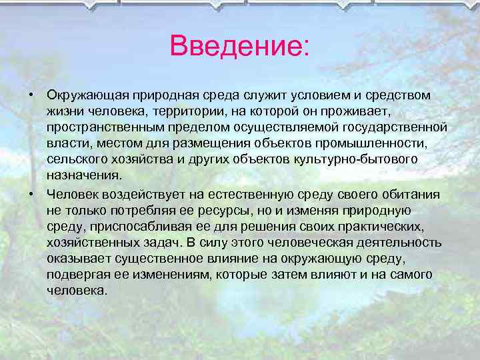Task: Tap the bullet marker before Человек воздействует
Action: [x=31, y=194]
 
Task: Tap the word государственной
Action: [x=390, y=128]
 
